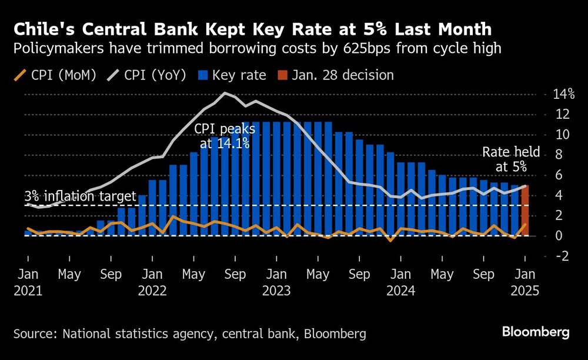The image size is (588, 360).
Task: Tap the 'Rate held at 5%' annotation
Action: point(505,159)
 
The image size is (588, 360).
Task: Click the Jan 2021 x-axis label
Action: point(28,282)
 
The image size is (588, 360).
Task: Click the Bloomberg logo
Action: point(536,332)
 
